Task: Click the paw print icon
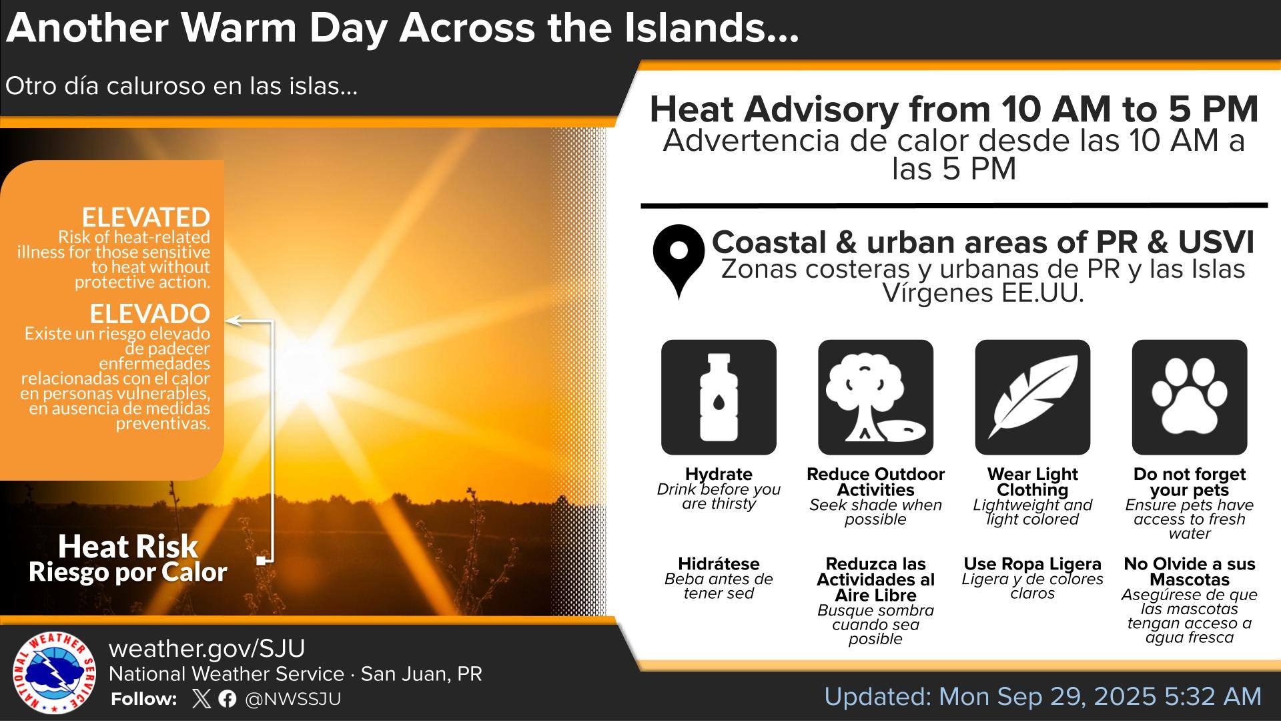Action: click(x=1190, y=397)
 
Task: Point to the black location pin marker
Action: click(x=679, y=260)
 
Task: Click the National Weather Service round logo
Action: click(x=53, y=674)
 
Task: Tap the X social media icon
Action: click(x=200, y=699)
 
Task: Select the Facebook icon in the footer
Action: click(x=227, y=699)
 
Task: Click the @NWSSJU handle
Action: click(x=293, y=699)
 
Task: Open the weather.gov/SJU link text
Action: click(x=207, y=648)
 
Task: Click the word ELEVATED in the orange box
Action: click(x=146, y=218)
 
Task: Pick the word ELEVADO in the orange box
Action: click(x=150, y=313)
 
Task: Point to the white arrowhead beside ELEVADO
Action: click(x=231, y=321)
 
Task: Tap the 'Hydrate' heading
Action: click(x=719, y=474)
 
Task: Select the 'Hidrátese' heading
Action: click(x=719, y=563)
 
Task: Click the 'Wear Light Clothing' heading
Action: click(x=1032, y=482)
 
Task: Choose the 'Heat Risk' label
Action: click(x=128, y=546)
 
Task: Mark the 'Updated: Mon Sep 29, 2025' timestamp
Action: click(x=991, y=696)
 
